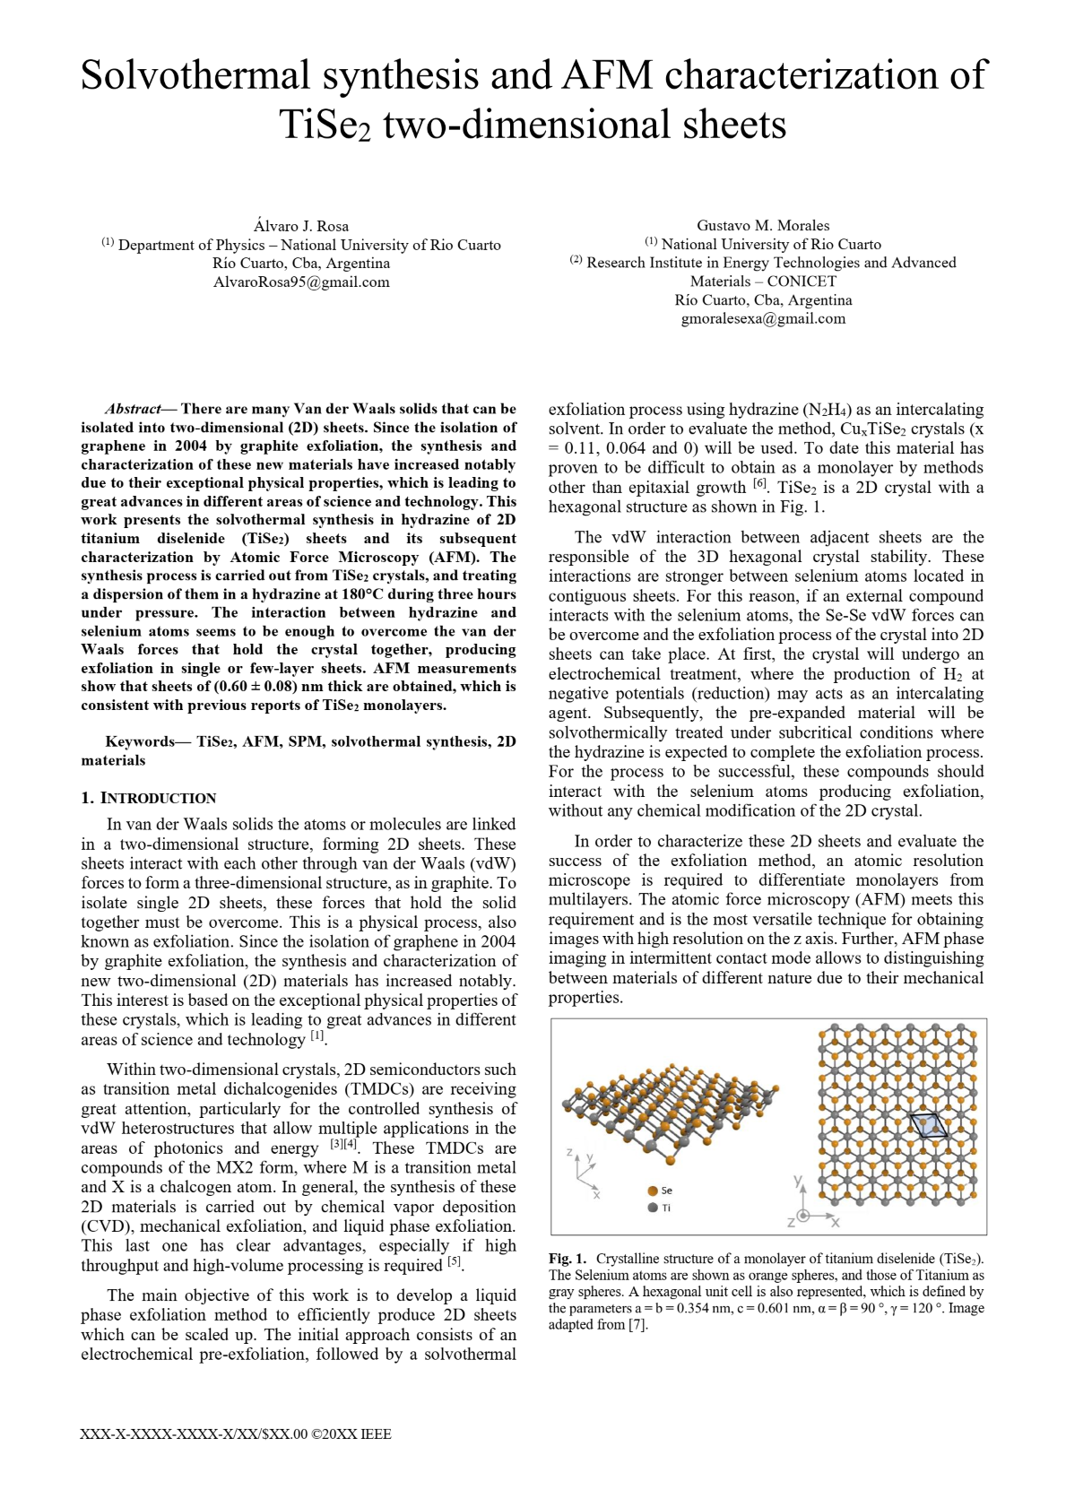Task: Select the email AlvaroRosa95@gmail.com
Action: coord(301,282)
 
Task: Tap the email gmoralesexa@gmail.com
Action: coord(763,319)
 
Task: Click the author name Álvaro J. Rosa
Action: coord(301,226)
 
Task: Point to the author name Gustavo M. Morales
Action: coord(763,226)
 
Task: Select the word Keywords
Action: coord(140,741)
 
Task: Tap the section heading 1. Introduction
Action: coord(149,799)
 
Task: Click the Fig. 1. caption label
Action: coord(568,1259)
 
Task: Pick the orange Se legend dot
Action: coord(653,1191)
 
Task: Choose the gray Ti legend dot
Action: coord(653,1208)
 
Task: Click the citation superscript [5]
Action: coord(455,1262)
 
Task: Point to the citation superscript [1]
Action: coord(317,1036)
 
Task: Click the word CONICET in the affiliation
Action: coord(802,281)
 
